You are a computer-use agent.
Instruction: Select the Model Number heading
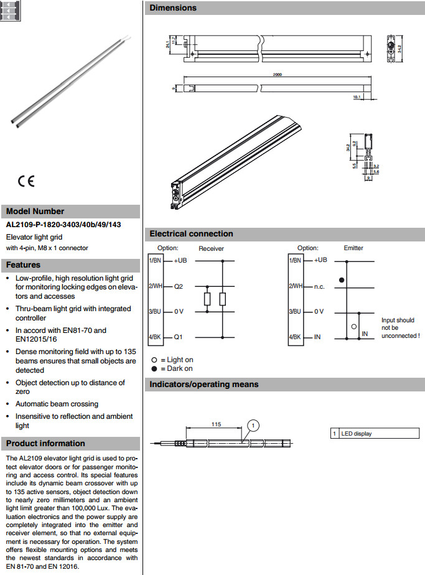pyautogui.click(x=35, y=211)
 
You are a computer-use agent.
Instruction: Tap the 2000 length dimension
pyautogui.click(x=278, y=75)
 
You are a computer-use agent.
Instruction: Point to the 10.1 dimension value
pyautogui.click(x=357, y=97)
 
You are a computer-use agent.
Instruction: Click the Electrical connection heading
pyautogui.click(x=191, y=234)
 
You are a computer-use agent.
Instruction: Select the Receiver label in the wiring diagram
pyautogui.click(x=212, y=248)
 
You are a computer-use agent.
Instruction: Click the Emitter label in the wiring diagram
pyautogui.click(x=353, y=248)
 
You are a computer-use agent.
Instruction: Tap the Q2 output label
pyautogui.click(x=179, y=286)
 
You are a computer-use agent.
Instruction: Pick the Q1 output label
pyautogui.click(x=179, y=337)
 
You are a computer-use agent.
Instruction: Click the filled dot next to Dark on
pyautogui.click(x=154, y=368)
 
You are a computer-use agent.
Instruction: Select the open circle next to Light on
pyautogui.click(x=154, y=360)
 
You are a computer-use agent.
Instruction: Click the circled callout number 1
pyautogui.click(x=253, y=426)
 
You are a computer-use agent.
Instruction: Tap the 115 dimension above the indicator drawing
pyautogui.click(x=216, y=424)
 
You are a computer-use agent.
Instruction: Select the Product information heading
pyautogui.click(x=45, y=443)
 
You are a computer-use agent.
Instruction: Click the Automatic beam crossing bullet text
pyautogui.click(x=57, y=404)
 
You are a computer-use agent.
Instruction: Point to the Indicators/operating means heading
pyautogui.click(x=203, y=385)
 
